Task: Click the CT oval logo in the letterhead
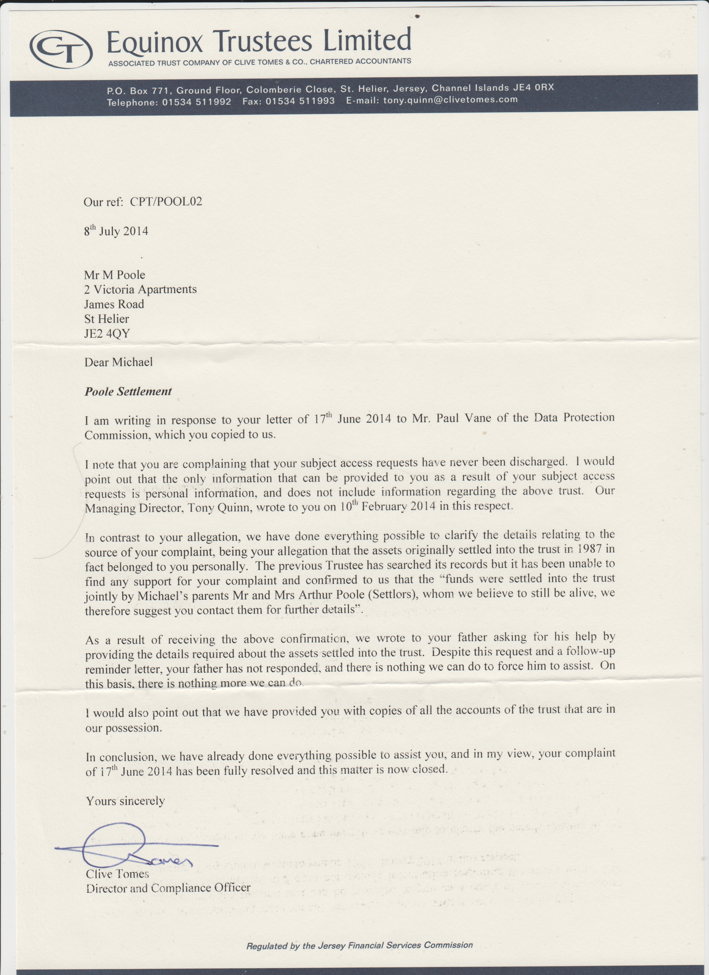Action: click(x=61, y=49)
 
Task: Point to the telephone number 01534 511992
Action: click(x=196, y=102)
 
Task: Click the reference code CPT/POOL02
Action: click(x=166, y=202)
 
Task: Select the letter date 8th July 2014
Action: click(x=116, y=231)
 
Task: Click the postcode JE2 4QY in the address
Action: click(x=107, y=333)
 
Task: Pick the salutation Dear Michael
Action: click(x=118, y=362)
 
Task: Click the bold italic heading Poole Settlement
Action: click(x=128, y=391)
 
